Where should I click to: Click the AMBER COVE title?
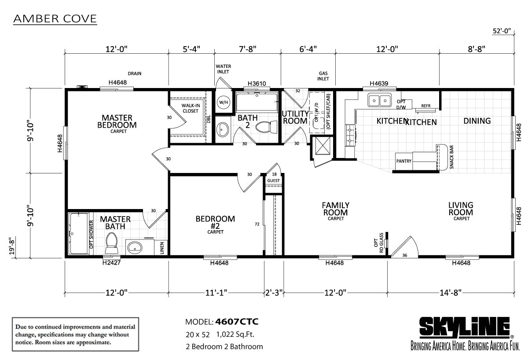(55, 19)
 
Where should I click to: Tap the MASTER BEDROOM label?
(119, 122)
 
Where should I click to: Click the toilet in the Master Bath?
(111, 241)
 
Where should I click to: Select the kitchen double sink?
(380, 100)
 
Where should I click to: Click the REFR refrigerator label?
(425, 106)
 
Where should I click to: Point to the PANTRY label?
(403, 161)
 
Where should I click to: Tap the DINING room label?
(477, 121)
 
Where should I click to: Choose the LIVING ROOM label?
(461, 209)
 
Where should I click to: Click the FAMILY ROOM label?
(335, 209)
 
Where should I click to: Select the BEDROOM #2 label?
(215, 222)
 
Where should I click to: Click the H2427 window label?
(111, 263)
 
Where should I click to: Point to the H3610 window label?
(257, 83)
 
